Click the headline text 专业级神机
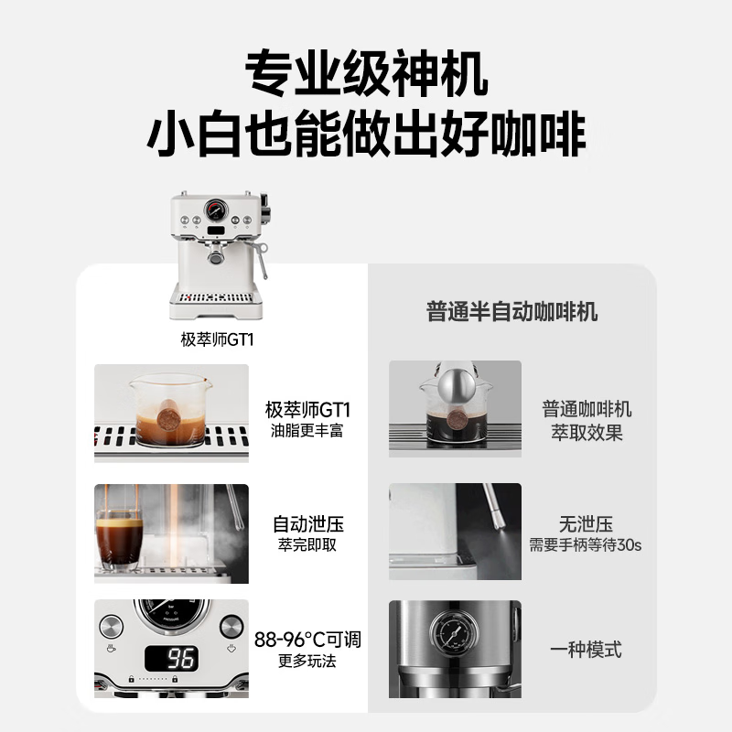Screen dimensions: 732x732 (x=366, y=70)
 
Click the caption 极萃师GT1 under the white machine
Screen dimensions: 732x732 (x=216, y=339)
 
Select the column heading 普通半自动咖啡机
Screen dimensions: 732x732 (x=511, y=311)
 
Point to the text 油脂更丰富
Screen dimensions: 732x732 (x=307, y=430)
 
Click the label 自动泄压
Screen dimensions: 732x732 (x=307, y=524)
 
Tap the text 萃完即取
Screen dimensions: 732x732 (x=307, y=545)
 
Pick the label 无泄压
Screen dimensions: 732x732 (x=586, y=524)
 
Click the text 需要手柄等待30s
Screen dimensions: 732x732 (x=586, y=545)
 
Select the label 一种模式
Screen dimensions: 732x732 (x=586, y=650)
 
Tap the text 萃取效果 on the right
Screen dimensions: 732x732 (x=586, y=432)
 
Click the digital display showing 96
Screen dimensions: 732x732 (x=172, y=657)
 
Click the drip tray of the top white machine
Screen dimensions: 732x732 (x=216, y=296)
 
